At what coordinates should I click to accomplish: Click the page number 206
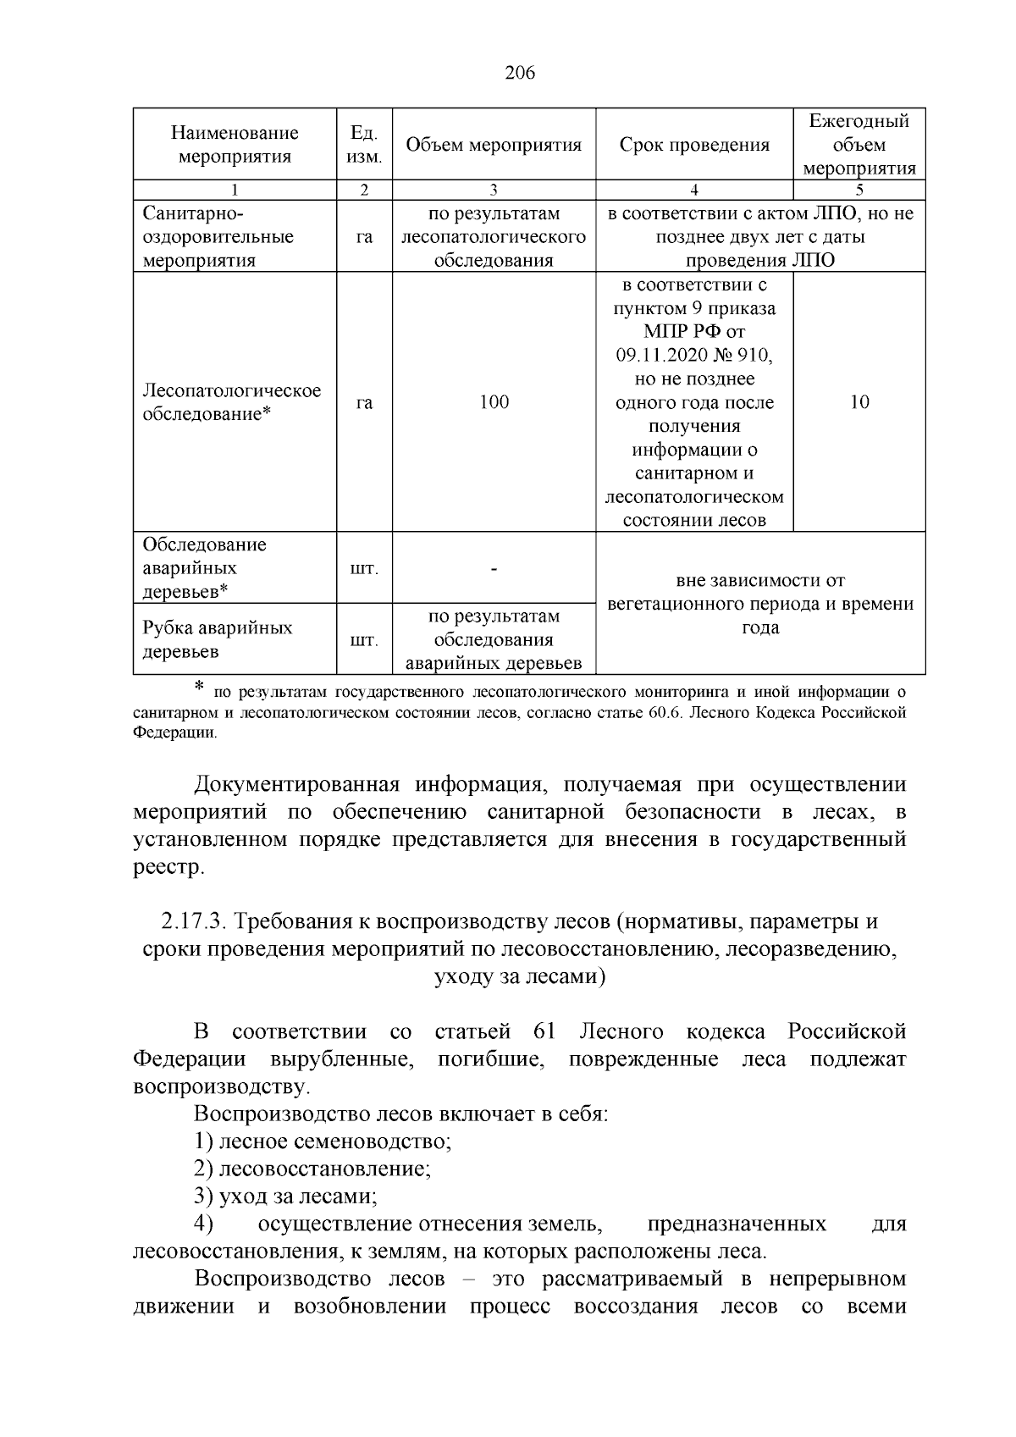[x=520, y=73]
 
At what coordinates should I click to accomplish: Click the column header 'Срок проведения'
[x=694, y=145]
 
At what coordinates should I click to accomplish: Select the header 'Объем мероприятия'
[x=494, y=145]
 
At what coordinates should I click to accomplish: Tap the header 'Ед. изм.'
[x=364, y=145]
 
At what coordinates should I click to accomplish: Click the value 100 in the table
[x=494, y=402]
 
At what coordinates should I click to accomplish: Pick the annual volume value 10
[x=859, y=402]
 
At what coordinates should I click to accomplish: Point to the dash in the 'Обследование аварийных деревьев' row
[x=494, y=568]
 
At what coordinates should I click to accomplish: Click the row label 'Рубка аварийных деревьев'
[x=218, y=639]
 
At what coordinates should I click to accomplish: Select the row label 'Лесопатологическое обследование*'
[x=232, y=402]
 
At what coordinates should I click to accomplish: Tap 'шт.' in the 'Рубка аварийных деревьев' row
[x=364, y=640]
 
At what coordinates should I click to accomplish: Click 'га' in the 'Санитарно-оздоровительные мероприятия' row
[x=364, y=237]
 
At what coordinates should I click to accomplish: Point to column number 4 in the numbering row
[x=694, y=191]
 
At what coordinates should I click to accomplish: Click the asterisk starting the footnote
[x=199, y=688]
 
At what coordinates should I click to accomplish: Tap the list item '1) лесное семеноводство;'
[x=323, y=1141]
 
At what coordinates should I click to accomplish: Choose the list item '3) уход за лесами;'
[x=285, y=1197]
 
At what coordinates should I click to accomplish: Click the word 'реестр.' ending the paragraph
[x=168, y=867]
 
